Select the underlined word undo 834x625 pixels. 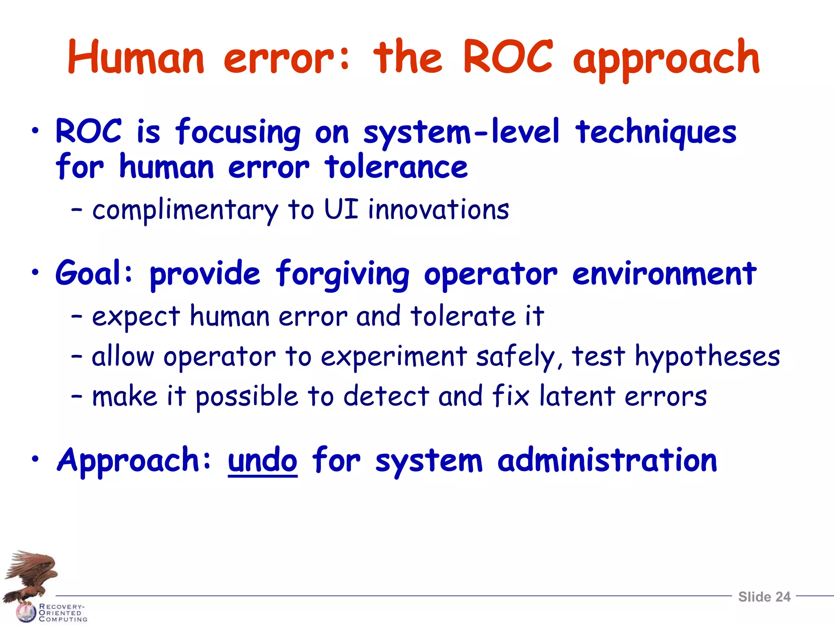(263, 461)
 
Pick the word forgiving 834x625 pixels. (342, 275)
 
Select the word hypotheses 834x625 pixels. (707, 357)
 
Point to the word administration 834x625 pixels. (607, 460)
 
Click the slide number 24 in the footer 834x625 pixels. (783, 597)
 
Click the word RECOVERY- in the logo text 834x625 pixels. (61, 606)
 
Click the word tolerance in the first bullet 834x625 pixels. (396, 167)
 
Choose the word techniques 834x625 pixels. (656, 132)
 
